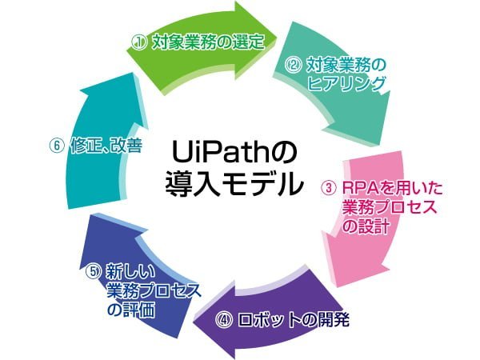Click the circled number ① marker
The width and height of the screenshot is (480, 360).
[x=139, y=43]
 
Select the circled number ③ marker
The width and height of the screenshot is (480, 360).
[x=328, y=188]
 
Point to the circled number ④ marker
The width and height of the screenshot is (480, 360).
[x=223, y=320]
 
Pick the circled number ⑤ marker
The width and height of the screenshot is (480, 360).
[x=93, y=271]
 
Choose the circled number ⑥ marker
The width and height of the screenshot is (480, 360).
[x=56, y=146]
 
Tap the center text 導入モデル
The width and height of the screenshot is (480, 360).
[x=234, y=184]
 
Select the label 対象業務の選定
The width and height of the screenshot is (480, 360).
[x=208, y=42]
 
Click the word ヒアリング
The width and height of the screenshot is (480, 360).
[x=346, y=84]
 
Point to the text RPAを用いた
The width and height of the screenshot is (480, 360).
[x=393, y=188]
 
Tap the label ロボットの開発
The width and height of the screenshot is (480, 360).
[x=294, y=320]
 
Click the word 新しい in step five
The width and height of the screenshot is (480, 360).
[x=130, y=271]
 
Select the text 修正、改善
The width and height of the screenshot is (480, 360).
[x=106, y=146]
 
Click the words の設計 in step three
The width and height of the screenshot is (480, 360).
[x=366, y=226]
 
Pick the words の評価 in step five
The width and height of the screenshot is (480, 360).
[x=131, y=310]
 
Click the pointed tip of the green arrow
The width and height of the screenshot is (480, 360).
[x=277, y=38]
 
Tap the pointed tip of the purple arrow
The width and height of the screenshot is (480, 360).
[x=193, y=322]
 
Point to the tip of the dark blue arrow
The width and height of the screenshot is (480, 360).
[x=91, y=214]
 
